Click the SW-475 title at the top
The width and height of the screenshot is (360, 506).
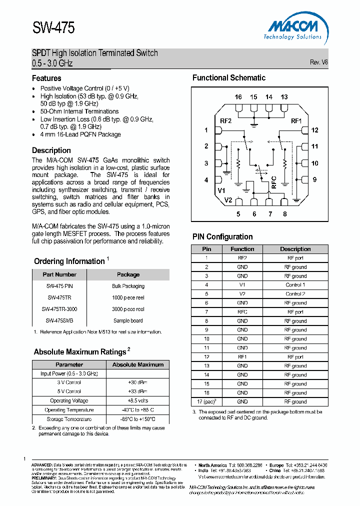point(53,28)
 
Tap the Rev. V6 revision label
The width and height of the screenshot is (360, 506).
point(318,62)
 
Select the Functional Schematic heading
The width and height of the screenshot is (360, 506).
point(229,78)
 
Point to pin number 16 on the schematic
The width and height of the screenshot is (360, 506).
point(238,97)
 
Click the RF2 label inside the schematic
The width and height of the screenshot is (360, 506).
point(225,121)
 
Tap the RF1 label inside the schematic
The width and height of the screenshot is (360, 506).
point(296,121)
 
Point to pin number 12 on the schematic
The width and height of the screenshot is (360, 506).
point(314,130)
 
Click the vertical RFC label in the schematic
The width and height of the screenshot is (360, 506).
point(273,181)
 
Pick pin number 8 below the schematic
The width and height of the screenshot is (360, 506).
point(284,214)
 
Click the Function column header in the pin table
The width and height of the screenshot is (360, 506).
point(242,249)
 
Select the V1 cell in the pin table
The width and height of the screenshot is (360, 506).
point(242,285)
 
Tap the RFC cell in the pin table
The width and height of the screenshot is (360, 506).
point(242,312)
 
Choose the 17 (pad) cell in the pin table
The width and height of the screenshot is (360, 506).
point(207,401)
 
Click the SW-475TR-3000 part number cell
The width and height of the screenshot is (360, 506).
point(59,309)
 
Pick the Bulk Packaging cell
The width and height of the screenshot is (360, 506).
point(128,286)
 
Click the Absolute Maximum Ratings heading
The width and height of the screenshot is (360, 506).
point(80,352)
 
